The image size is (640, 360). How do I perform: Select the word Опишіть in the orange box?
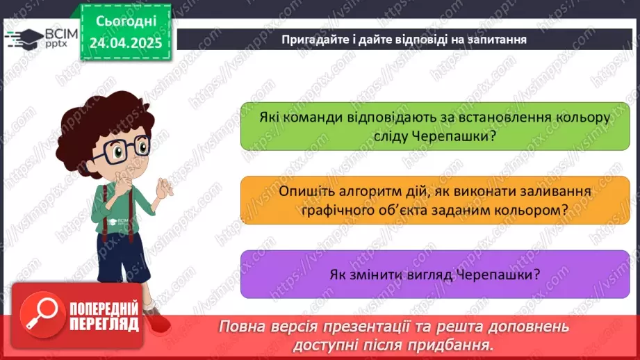click(304, 191)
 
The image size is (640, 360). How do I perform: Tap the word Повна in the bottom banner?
click(241, 327)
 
